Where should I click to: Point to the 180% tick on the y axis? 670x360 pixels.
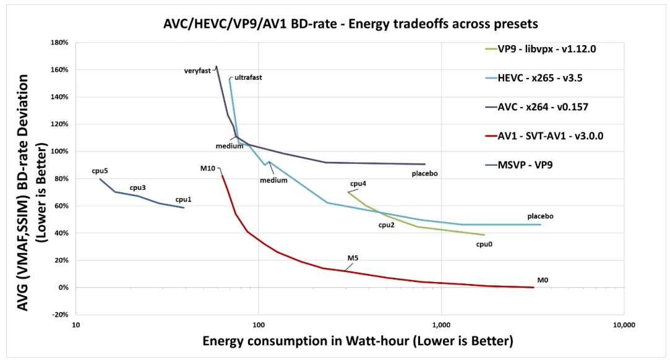click(59, 43)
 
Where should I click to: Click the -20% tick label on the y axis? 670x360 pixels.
click(59, 315)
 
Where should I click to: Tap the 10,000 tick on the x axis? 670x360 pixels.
click(622, 325)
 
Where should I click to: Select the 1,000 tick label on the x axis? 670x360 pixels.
click(440, 325)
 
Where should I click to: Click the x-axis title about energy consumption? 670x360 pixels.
click(358, 341)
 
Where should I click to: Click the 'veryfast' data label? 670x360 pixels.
click(197, 71)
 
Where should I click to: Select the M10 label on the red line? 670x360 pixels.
click(207, 168)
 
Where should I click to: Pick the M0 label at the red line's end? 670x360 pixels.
click(543, 280)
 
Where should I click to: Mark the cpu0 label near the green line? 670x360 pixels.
click(484, 244)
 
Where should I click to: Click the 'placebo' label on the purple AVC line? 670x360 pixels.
click(425, 174)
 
